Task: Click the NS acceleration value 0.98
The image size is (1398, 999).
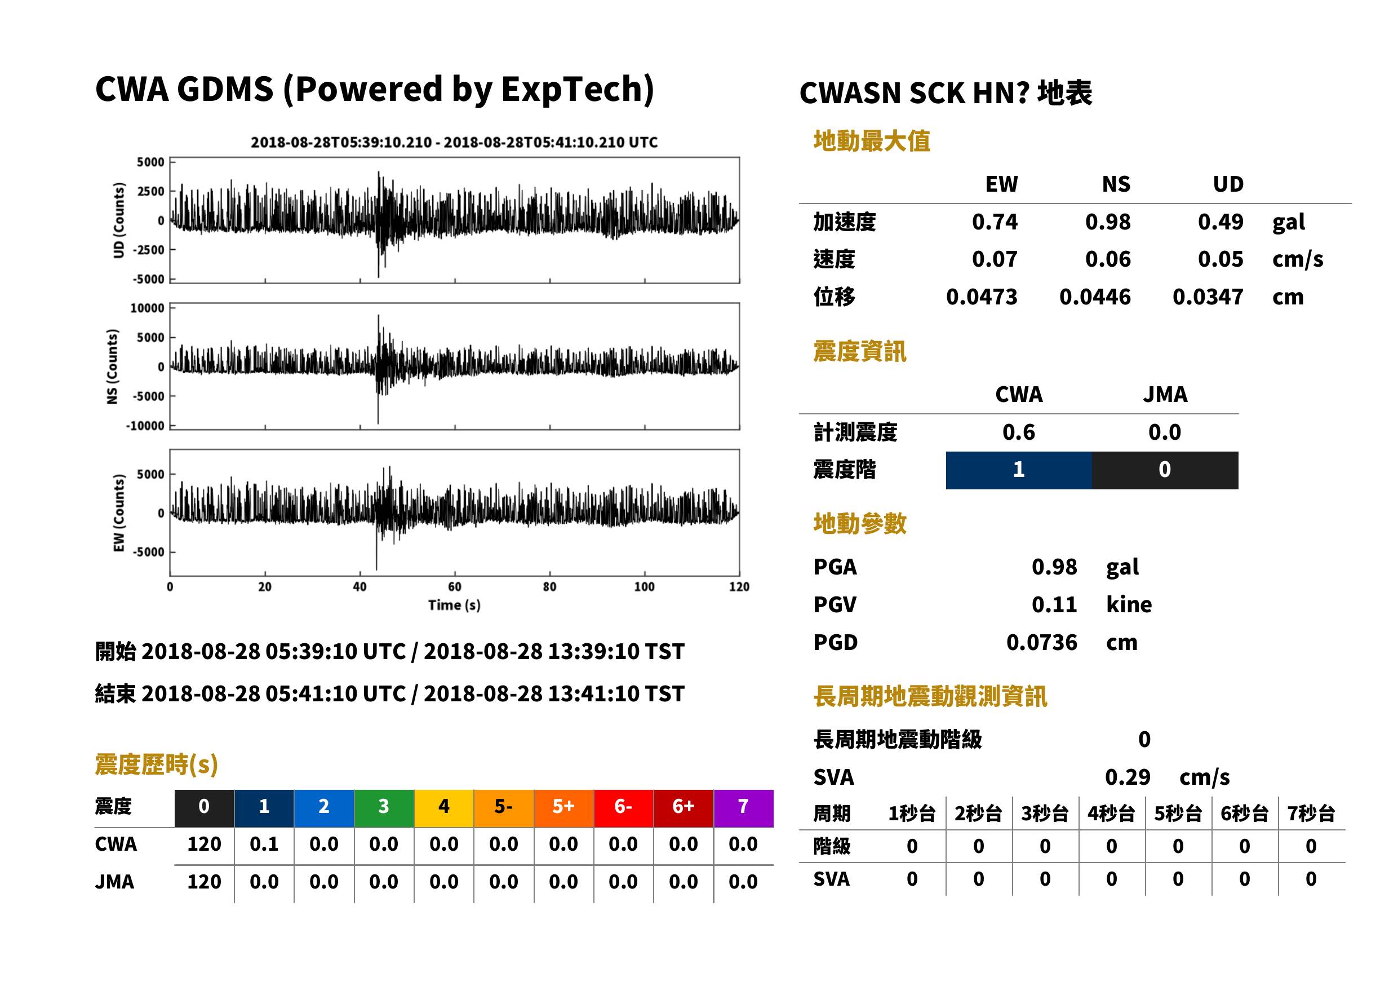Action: (1108, 222)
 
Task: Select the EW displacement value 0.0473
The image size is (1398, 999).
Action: (982, 297)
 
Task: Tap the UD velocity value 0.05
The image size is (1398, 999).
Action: (1221, 259)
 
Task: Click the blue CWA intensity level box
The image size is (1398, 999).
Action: (1019, 470)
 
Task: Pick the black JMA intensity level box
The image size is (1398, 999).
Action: (1165, 470)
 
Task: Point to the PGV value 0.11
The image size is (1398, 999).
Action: (1054, 605)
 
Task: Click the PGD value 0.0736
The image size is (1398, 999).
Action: (1042, 642)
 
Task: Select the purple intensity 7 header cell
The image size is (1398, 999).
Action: (743, 808)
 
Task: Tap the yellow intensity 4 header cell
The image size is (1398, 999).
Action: (444, 808)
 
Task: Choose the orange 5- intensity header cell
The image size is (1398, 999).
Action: (504, 808)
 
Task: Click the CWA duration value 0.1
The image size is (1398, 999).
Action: (264, 844)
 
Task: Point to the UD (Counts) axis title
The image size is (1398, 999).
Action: (119, 220)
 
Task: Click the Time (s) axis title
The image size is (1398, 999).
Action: (454, 605)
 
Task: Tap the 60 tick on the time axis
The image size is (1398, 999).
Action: (454, 587)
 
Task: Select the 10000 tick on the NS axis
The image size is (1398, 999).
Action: (148, 308)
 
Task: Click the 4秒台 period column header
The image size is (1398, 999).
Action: (1112, 814)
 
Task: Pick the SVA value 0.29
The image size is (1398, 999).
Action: (1128, 777)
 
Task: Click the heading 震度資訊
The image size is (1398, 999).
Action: (859, 352)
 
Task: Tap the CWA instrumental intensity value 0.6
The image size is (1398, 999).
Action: (1019, 432)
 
